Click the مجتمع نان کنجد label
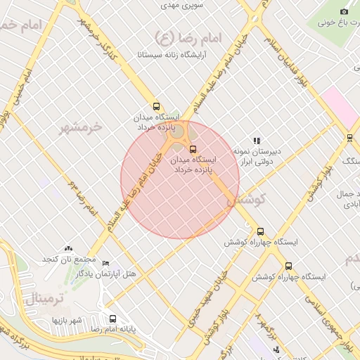coord(67,259)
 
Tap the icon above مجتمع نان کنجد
coord(68,248)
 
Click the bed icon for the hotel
coord(106,263)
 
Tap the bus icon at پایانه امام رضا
coord(113,319)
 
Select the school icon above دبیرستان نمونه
coord(257,141)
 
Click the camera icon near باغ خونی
coord(344,11)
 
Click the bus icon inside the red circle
coord(193,148)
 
